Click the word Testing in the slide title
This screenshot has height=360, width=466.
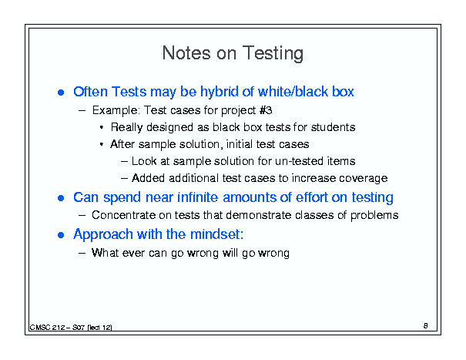coord(273,53)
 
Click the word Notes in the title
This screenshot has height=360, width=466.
coord(186,53)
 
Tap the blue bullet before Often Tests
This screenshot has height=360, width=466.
coord(61,93)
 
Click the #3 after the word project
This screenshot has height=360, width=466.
coord(266,110)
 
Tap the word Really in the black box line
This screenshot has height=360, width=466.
coord(127,127)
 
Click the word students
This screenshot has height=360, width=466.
coord(334,127)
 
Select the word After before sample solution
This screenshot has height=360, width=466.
coord(122,144)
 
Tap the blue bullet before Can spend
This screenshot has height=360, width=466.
coord(61,198)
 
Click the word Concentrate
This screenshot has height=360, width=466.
coord(124,215)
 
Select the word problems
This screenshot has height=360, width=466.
coord(374,215)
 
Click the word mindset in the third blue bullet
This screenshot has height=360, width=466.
coord(216,234)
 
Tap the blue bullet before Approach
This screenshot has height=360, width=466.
coord(61,235)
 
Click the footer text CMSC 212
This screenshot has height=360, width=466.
coord(48,328)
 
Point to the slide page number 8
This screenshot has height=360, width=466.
coord(426,326)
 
